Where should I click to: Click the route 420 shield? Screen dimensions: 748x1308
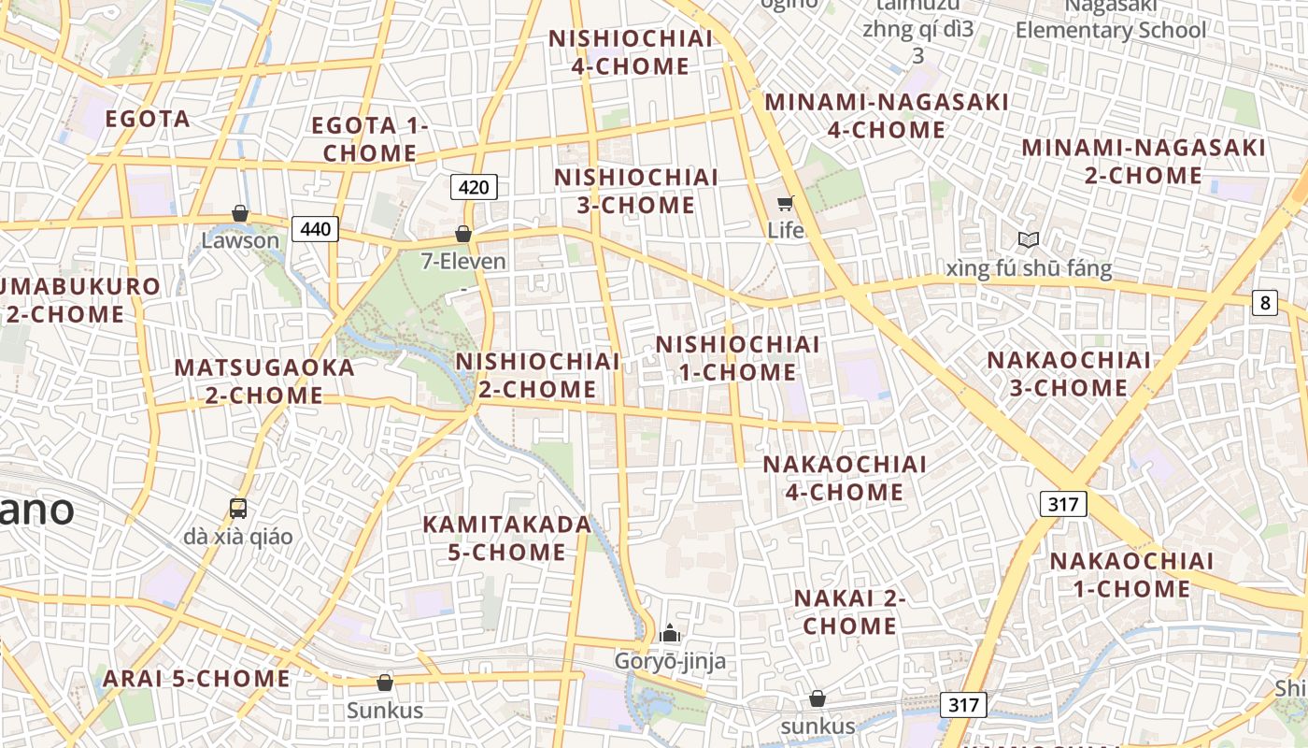point(474,187)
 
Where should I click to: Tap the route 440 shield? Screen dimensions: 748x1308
point(315,228)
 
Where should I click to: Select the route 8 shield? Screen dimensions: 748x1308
point(1265,302)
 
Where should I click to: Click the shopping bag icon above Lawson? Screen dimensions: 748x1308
point(240,214)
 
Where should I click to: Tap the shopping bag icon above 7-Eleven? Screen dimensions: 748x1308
point(462,234)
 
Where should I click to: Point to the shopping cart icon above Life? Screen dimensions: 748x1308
point(785,203)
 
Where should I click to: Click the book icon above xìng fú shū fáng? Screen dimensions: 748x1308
point(1029,240)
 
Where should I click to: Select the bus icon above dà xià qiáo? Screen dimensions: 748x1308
point(238,509)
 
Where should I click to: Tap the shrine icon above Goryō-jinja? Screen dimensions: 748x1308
point(669,634)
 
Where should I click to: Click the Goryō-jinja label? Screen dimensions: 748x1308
point(670,662)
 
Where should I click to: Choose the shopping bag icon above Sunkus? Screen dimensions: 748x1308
point(385,683)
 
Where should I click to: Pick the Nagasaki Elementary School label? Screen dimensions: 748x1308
point(1111,18)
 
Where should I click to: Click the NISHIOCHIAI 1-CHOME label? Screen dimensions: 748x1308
point(737,358)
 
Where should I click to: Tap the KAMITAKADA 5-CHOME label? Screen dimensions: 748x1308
point(507,538)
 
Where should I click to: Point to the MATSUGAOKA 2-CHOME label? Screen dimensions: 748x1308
point(264,381)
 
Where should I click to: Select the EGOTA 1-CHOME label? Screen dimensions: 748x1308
point(370,138)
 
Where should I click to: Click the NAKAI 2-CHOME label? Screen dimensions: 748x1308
point(849,611)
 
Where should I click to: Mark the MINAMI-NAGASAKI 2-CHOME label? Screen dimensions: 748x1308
point(1144,161)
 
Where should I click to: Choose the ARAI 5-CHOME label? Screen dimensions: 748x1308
point(196,679)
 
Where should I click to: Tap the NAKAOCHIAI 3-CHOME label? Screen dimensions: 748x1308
point(1069,373)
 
